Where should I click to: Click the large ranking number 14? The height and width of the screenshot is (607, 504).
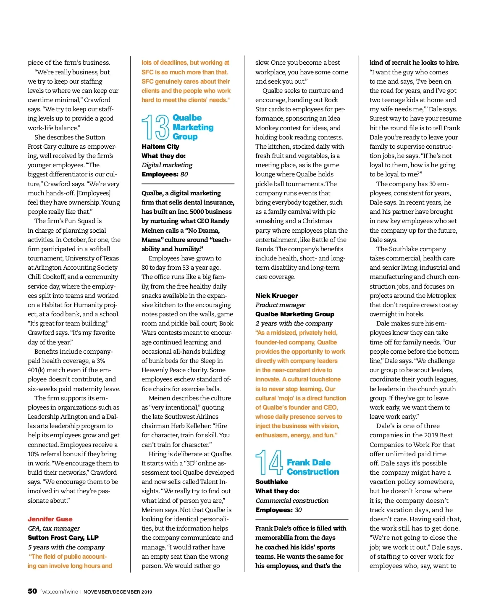[269, 462]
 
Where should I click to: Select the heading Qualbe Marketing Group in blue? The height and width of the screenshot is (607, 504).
[193, 127]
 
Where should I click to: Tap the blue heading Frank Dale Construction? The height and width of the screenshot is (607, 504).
[312, 467]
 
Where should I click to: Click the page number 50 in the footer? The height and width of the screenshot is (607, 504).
[32, 591]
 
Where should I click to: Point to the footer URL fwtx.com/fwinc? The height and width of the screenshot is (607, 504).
[59, 592]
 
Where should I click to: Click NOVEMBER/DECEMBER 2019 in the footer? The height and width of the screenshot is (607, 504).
[118, 592]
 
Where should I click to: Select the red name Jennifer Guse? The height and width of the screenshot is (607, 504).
[50, 519]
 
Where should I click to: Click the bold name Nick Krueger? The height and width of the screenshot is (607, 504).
[276, 296]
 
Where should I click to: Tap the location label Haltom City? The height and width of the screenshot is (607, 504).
[160, 147]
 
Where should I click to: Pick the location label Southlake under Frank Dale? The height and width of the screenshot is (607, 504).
[271, 482]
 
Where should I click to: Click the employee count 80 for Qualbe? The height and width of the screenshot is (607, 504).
[184, 174]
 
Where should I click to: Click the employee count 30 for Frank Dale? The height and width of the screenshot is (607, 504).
[298, 510]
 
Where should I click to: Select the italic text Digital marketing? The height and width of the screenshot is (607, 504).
[167, 165]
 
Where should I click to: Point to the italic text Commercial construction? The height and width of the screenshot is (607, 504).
[291, 501]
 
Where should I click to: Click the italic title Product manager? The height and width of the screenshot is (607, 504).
[280, 305]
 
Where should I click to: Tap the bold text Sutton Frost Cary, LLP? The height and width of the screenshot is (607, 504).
[63, 538]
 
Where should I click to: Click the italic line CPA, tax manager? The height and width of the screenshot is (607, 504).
[54, 528]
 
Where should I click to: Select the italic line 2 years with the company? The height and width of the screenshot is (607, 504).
[294, 323]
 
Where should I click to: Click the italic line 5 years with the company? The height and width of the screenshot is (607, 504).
[66, 547]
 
